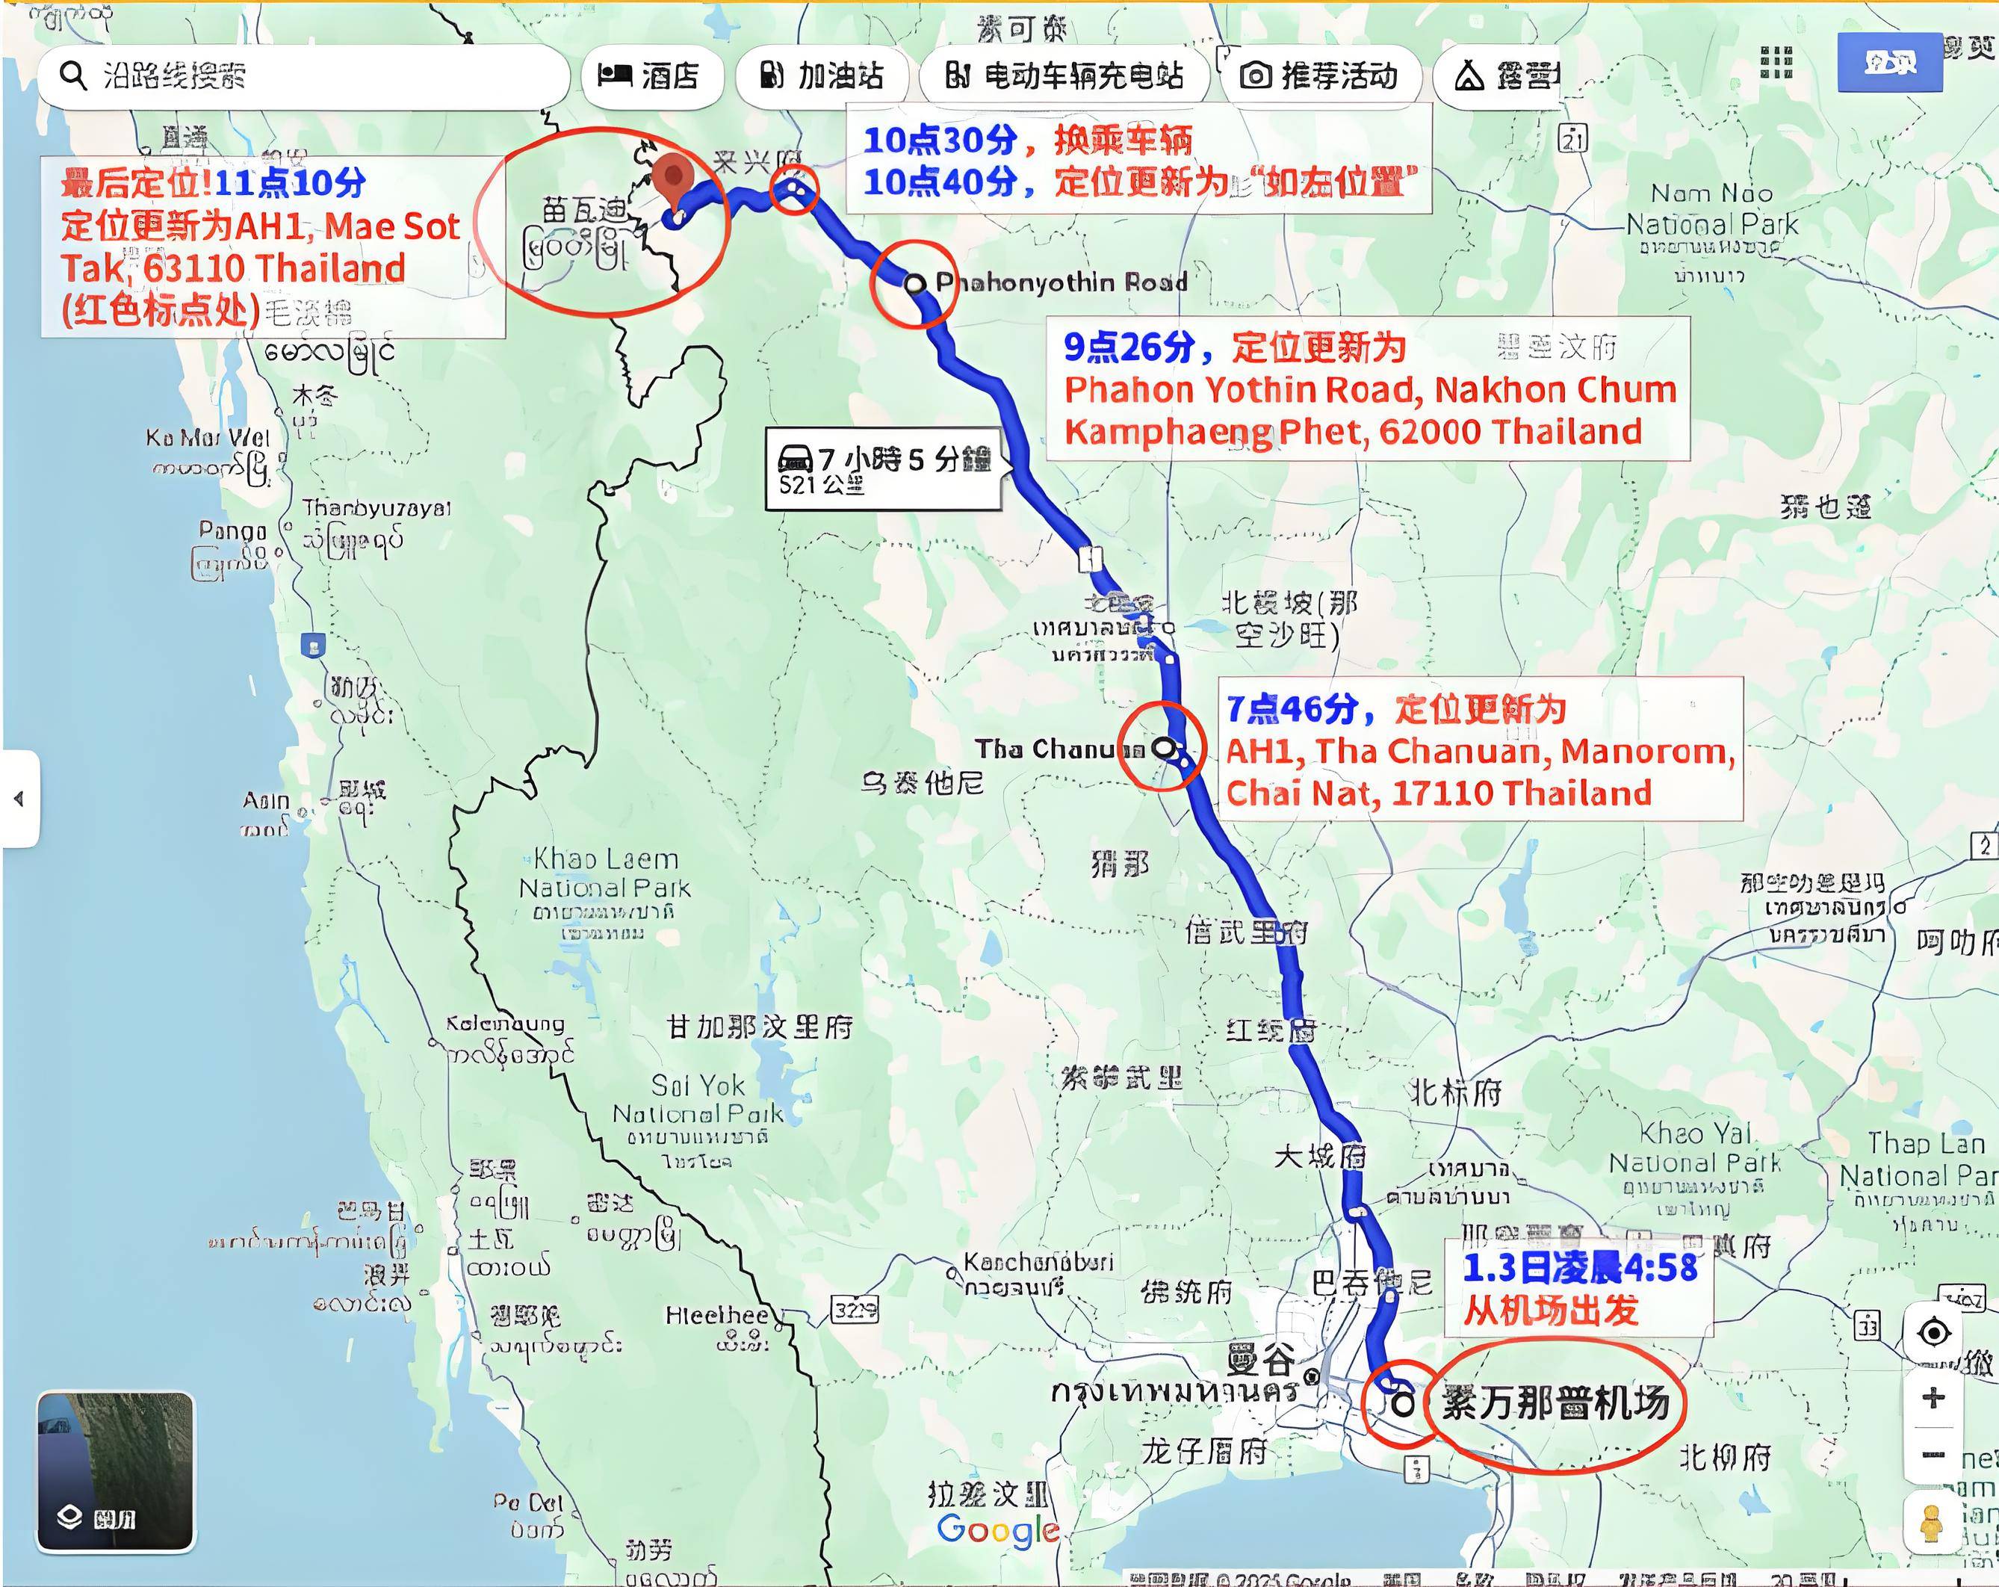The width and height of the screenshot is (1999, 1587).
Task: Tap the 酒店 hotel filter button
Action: click(x=649, y=75)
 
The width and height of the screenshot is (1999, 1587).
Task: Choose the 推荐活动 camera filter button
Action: click(x=1319, y=75)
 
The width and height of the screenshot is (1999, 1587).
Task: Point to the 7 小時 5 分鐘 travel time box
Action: click(x=884, y=468)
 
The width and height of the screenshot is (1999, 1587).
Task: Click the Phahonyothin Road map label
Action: click(x=1061, y=282)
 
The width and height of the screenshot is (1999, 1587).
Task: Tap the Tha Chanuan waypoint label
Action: click(x=1057, y=749)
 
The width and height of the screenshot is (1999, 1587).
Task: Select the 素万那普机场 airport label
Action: click(x=1555, y=1402)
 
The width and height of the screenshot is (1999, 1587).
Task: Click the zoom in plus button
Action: click(x=1933, y=1397)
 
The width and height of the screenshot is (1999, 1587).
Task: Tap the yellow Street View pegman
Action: click(x=1931, y=1522)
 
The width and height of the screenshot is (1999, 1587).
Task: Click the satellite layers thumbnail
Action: click(x=115, y=1471)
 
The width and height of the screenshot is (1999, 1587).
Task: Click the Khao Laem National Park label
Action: click(x=604, y=873)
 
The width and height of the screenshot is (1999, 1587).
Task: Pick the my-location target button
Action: click(x=1933, y=1333)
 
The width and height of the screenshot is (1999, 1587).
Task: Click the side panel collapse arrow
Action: click(x=19, y=799)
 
